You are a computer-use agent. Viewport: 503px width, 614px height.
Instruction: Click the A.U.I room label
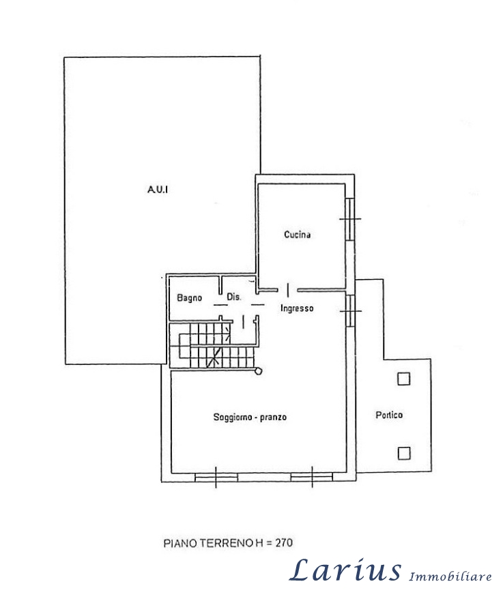click(158, 190)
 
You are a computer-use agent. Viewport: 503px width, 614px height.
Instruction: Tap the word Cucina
click(298, 235)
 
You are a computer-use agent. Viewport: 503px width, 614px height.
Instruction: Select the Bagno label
click(189, 298)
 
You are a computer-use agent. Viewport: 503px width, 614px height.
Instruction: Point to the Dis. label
click(235, 297)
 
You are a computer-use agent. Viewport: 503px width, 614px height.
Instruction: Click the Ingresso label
click(297, 309)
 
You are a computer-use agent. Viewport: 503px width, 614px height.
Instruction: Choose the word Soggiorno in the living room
click(232, 418)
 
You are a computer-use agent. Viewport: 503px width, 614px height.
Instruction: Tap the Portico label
click(389, 415)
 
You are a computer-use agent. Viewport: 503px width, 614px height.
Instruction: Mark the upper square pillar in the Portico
click(404, 379)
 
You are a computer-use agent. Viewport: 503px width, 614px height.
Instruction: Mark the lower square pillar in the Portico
click(404, 452)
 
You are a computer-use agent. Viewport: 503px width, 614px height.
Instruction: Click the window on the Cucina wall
click(349, 219)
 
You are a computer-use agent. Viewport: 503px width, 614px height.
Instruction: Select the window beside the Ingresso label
click(349, 310)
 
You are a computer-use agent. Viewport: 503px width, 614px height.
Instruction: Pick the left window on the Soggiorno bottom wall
click(216, 477)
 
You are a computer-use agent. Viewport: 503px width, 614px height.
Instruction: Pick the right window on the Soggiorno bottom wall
click(311, 477)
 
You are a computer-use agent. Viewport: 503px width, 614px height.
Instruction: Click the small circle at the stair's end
click(258, 370)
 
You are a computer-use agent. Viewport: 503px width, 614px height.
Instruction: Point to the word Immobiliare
click(450, 576)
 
